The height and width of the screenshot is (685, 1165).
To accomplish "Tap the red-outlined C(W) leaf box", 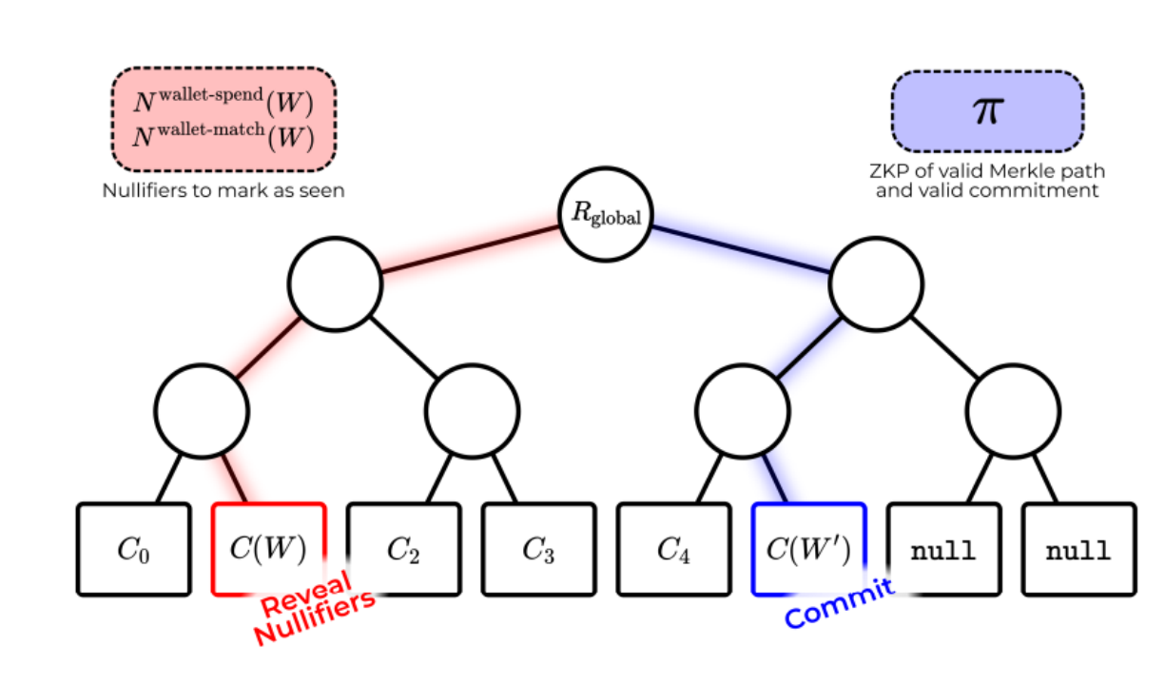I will click(268, 550).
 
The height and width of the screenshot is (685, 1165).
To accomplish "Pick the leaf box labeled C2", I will click(404, 550).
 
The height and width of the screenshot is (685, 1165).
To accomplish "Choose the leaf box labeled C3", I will click(538, 550).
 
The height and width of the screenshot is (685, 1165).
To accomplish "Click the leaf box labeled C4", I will click(673, 550).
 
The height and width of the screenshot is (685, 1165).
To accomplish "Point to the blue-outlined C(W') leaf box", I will click(808, 550).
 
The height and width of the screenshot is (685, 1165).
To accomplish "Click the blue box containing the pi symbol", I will click(987, 111).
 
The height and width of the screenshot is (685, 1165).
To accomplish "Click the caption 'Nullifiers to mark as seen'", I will click(223, 190).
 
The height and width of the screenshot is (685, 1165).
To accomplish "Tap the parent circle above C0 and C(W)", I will click(202, 411).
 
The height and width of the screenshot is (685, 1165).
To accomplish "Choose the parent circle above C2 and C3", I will click(473, 411).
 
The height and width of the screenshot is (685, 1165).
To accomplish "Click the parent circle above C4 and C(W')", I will click(742, 411).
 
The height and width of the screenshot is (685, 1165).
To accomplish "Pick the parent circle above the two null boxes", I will click(1013, 411).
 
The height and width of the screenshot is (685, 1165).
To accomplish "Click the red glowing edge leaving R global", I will click(471, 252).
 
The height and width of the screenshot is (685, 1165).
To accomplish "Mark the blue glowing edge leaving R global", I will click(742, 250).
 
